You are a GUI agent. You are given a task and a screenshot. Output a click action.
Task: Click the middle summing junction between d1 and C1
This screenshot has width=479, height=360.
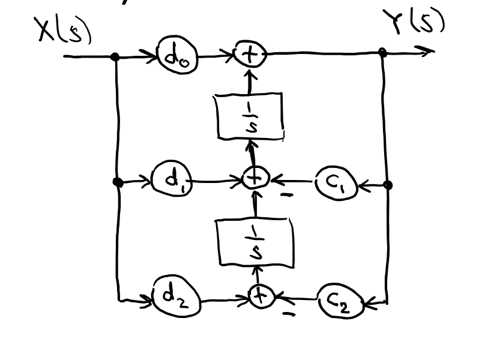[x=255, y=179]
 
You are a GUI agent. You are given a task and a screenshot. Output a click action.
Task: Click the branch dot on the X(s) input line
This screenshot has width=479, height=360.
[x=115, y=57]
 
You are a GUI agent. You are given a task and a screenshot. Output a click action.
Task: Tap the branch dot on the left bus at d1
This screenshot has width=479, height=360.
[x=118, y=182]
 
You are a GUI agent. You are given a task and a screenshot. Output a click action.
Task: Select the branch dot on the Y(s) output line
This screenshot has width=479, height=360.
[x=383, y=53]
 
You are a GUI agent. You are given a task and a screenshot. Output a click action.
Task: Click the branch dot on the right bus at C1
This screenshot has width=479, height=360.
[x=387, y=185]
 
